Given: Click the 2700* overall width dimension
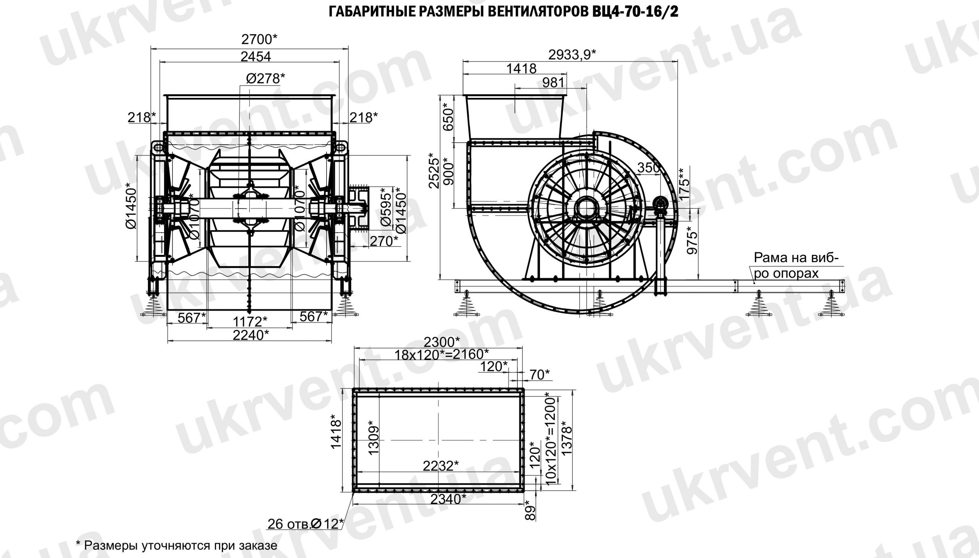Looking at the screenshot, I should (259, 39).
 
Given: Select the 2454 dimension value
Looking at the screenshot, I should (255, 57).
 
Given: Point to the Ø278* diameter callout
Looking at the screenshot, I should (265, 78).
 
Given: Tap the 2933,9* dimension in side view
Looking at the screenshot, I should (572, 55).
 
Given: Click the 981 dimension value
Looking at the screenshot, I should (553, 83).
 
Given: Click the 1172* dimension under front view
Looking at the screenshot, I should (250, 320).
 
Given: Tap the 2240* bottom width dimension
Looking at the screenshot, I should (251, 335).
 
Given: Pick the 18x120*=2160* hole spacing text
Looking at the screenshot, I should (442, 355).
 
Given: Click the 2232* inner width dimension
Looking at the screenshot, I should (441, 466).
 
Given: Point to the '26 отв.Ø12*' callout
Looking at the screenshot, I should (305, 524).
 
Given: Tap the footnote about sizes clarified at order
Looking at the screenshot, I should (176, 545).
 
